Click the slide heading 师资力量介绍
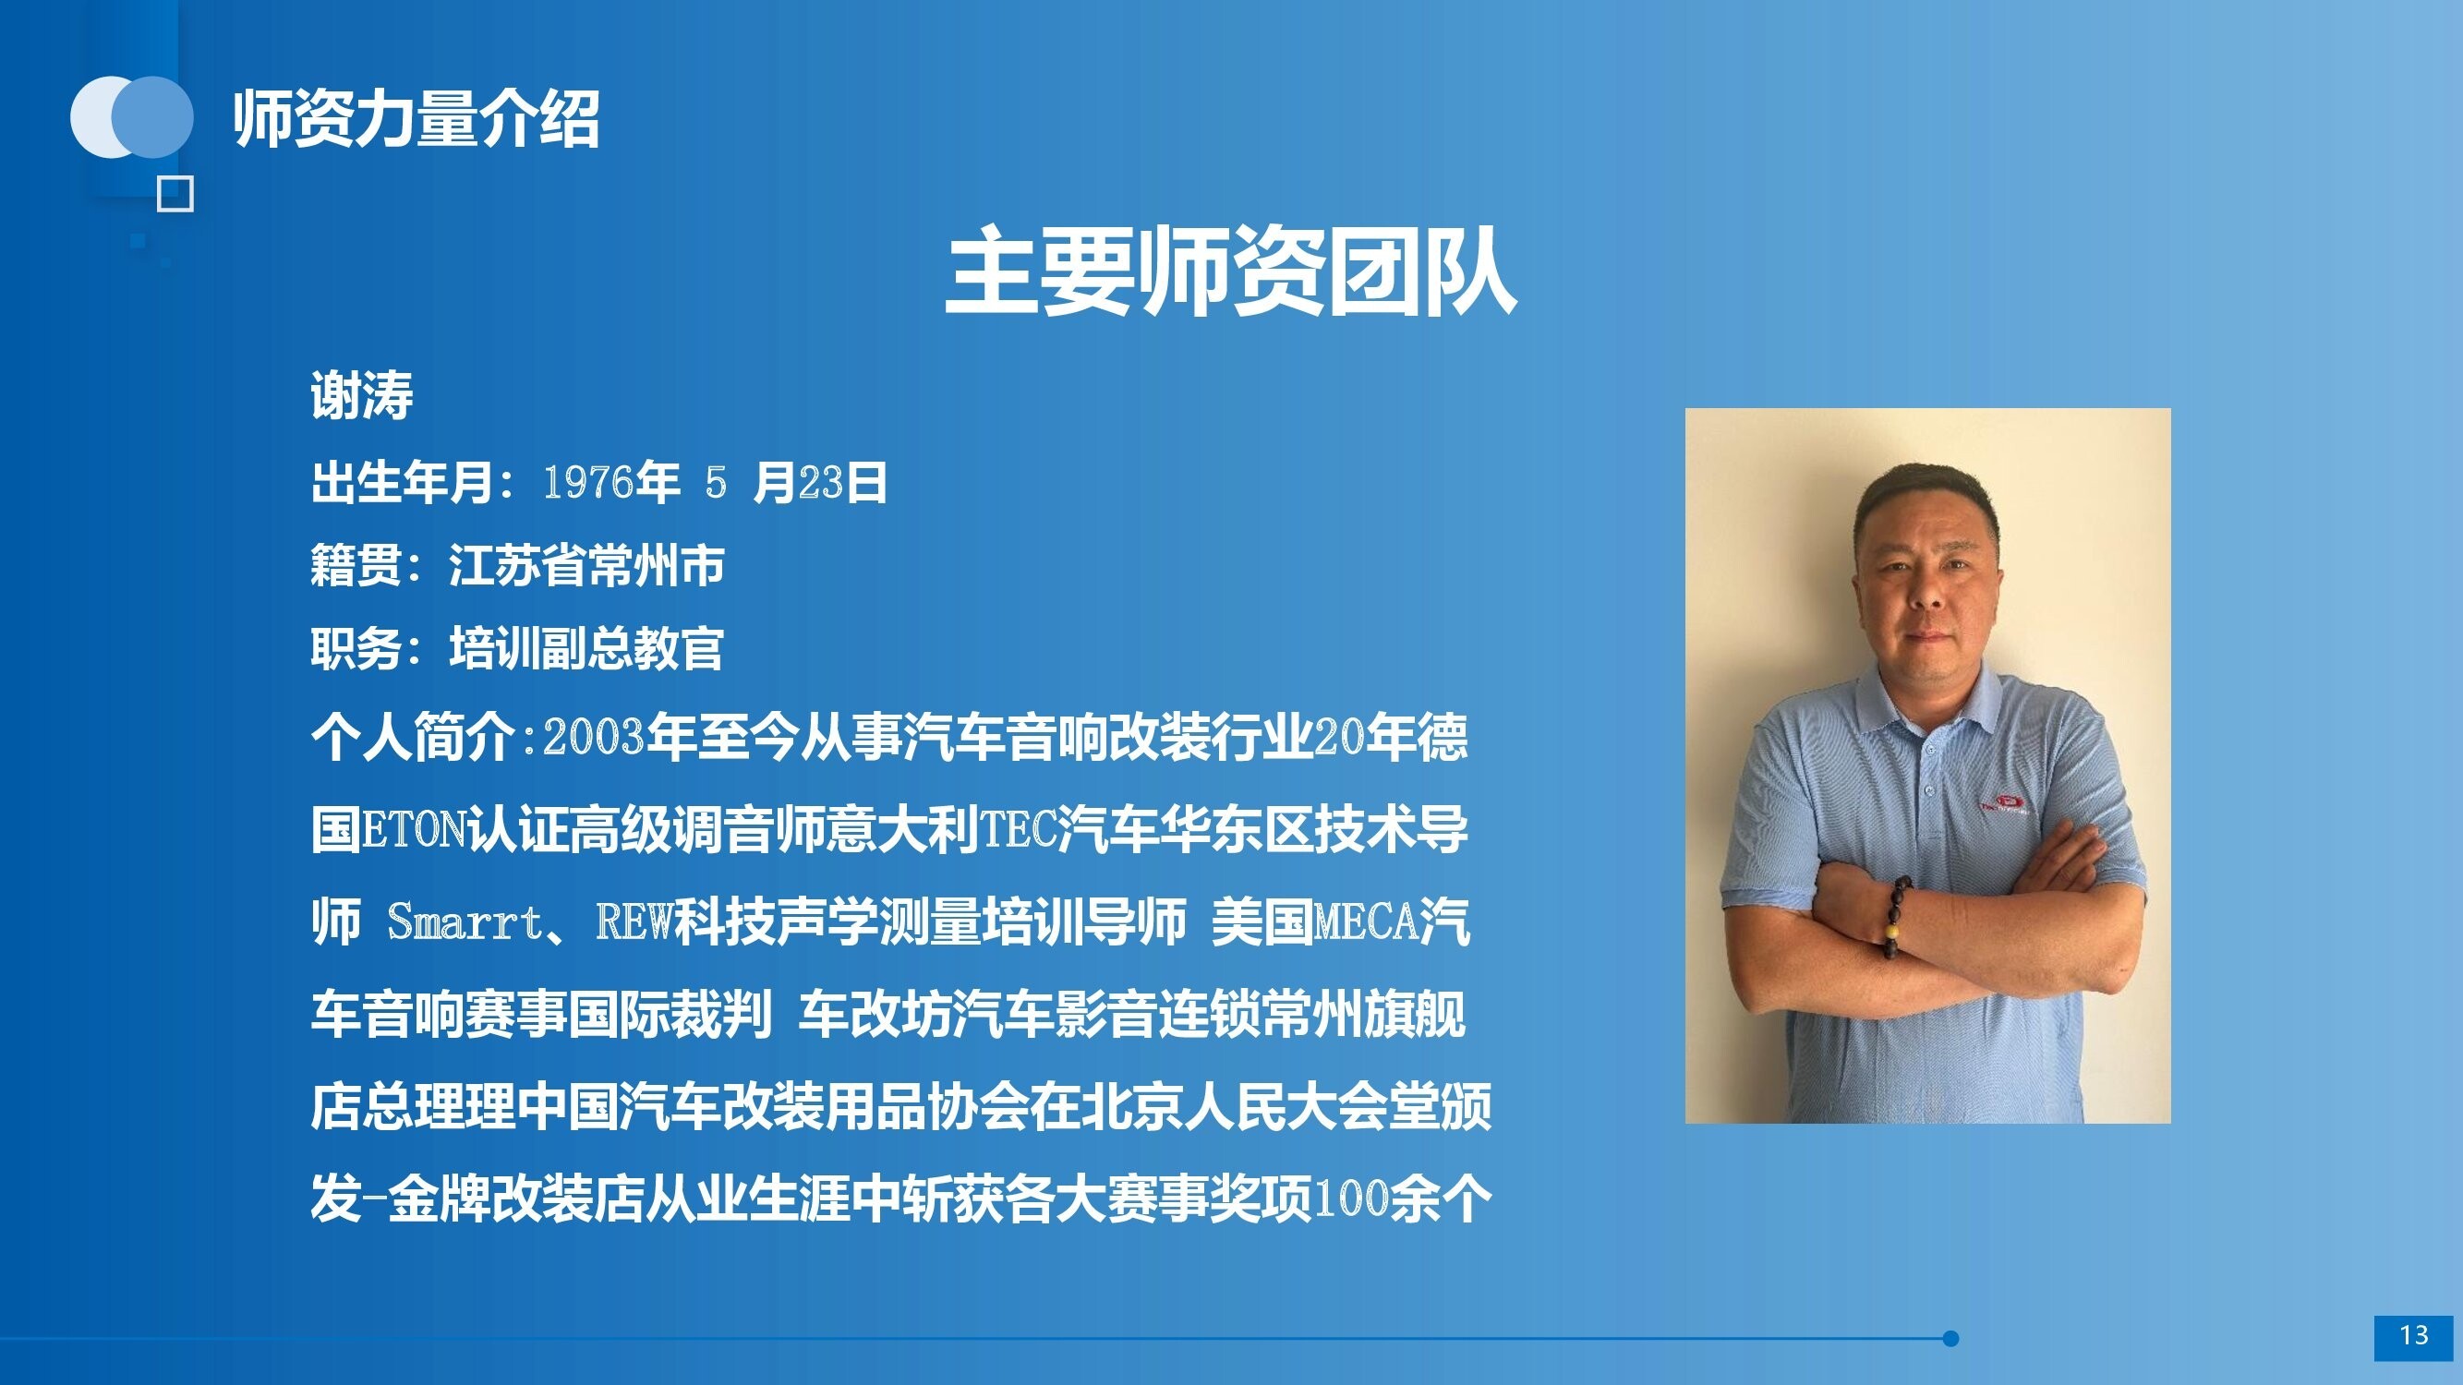(416, 119)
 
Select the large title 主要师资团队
(1230, 271)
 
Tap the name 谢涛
(361, 395)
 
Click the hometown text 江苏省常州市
(587, 565)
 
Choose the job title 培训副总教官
(586, 648)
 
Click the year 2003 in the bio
(594, 737)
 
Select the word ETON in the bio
(414, 829)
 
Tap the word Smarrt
(465, 921)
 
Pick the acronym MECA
(1366, 921)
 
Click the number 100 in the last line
(1351, 1198)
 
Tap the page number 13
(2413, 1334)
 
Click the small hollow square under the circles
(175, 194)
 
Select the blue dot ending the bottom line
(1950, 1338)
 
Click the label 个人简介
(413, 737)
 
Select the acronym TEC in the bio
(1019, 829)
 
